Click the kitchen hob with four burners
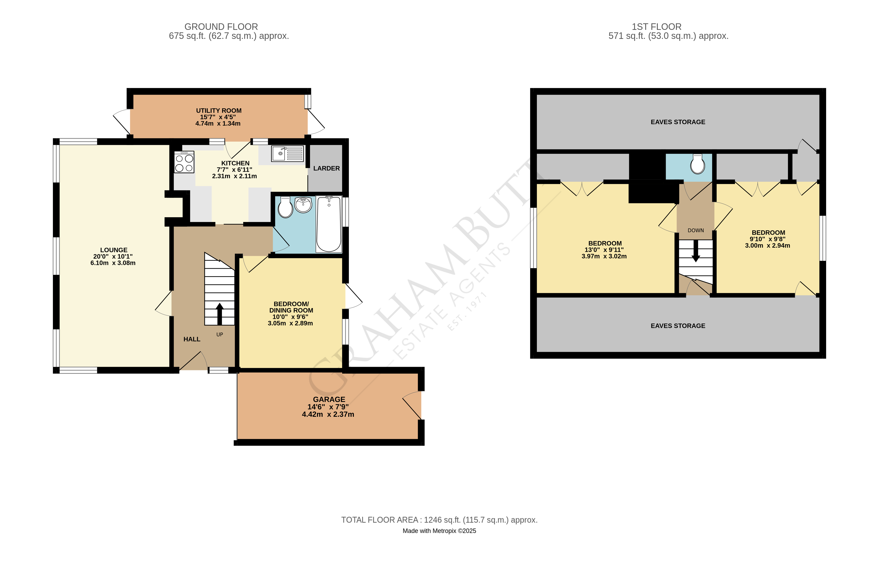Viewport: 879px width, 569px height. tap(184, 163)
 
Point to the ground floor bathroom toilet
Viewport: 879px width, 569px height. tap(285, 208)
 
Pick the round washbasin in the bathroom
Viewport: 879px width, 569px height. tap(303, 205)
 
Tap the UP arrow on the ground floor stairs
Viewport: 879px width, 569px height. tap(220, 314)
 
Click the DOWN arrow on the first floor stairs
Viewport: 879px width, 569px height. tap(696, 251)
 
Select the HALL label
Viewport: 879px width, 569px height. tap(192, 339)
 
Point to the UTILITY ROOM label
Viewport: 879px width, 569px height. tap(219, 110)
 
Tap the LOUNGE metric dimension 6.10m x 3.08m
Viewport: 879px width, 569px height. tap(113, 263)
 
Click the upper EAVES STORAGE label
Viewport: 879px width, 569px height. tap(677, 122)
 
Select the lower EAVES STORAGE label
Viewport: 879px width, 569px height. tap(677, 326)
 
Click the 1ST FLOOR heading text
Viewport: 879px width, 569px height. tap(656, 27)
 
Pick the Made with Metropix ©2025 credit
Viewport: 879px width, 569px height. tap(439, 531)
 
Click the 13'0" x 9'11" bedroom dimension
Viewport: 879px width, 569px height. tap(604, 250)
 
